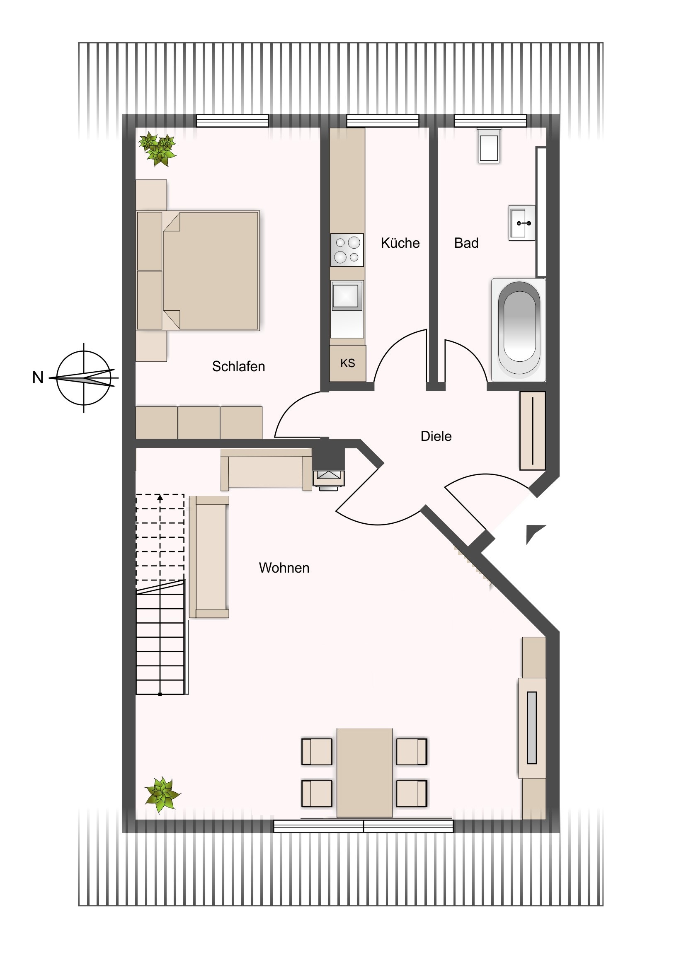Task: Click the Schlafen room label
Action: coord(238,367)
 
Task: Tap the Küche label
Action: coord(400,243)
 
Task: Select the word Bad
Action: coord(466,243)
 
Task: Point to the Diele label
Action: coord(436,436)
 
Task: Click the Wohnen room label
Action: coord(284,568)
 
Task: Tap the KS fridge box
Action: coord(348,363)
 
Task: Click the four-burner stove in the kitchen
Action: coord(347,250)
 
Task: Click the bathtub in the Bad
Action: coord(519,330)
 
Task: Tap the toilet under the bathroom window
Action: coord(489,146)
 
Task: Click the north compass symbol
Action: coord(84,378)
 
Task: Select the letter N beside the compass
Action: coord(38,378)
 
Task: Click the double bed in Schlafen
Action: coord(198,271)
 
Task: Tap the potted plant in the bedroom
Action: coord(158,150)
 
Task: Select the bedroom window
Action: coord(233,121)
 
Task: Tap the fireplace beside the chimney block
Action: coord(328,479)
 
